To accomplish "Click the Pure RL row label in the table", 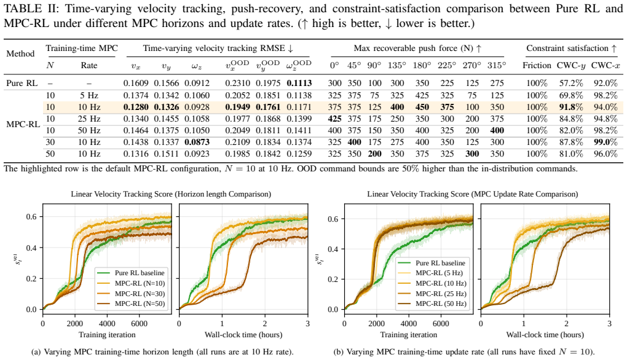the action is [22, 83].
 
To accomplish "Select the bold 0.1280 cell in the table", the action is [136, 107].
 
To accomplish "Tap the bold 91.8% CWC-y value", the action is [570, 107].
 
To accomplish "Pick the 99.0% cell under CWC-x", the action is [605, 143].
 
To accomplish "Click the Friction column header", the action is [537, 65].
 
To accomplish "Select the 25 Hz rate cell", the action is [89, 119].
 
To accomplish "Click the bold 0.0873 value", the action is [197, 143].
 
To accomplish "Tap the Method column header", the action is [20, 53].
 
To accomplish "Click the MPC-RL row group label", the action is [23, 124].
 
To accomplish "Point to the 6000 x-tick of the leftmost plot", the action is [139, 324].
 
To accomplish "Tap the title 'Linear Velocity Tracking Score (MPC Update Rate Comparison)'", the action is [473, 194].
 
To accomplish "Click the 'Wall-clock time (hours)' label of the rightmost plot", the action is [545, 335].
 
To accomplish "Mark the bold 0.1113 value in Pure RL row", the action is [299, 83].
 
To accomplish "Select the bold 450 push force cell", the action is [422, 107].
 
